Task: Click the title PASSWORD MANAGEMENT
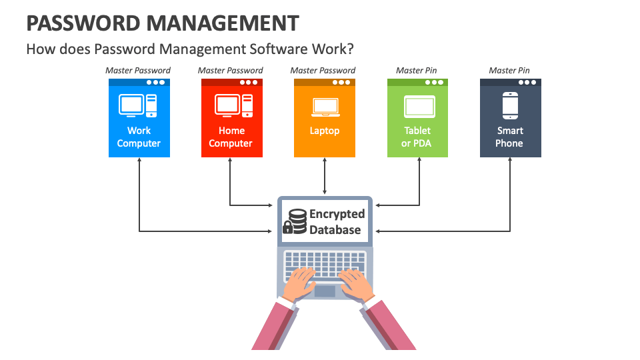pyautogui.click(x=163, y=23)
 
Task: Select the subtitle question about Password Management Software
pyautogui.click(x=190, y=49)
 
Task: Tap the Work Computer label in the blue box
pyautogui.click(x=139, y=137)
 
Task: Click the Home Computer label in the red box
pyautogui.click(x=231, y=137)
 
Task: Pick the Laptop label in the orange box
pyautogui.click(x=325, y=131)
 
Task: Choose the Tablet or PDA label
pyautogui.click(x=417, y=137)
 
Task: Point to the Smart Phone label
pyautogui.click(x=510, y=137)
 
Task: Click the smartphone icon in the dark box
pyautogui.click(x=510, y=105)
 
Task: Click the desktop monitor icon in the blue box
pyautogui.click(x=131, y=105)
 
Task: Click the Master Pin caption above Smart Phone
pyautogui.click(x=510, y=71)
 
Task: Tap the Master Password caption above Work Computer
pyautogui.click(x=139, y=71)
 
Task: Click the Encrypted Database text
pyautogui.click(x=337, y=222)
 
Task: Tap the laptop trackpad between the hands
pyautogui.click(x=325, y=291)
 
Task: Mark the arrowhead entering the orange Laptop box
pyautogui.click(x=325, y=161)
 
